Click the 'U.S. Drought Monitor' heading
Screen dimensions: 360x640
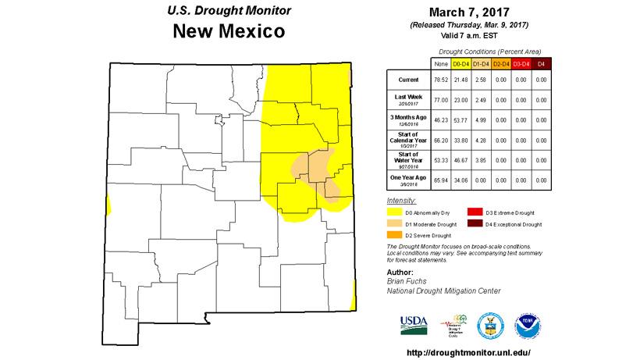(229, 11)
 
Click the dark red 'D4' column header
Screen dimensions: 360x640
(541, 62)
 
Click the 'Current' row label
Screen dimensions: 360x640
(407, 79)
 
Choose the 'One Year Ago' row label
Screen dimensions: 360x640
(407, 180)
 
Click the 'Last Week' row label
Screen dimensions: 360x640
(407, 97)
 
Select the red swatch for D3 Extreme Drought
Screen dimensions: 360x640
(475, 212)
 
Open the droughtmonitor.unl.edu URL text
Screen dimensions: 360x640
(468, 352)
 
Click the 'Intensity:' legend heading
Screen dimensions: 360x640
(401, 201)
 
